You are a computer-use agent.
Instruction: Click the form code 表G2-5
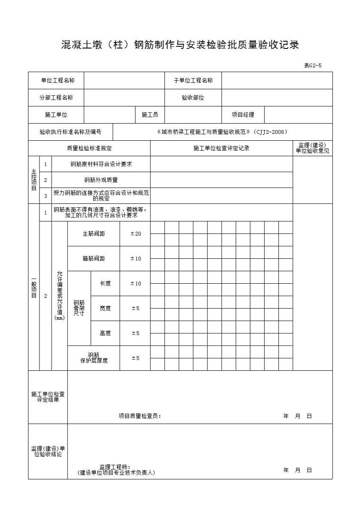pos(312,66)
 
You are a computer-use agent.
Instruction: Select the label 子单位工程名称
pos(193,80)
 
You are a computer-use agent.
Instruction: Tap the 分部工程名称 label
pos(56,97)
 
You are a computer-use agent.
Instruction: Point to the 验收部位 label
pos(193,97)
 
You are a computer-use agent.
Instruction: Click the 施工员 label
pos(150,115)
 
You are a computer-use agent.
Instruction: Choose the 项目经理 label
pos(243,115)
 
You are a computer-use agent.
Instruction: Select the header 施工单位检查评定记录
pos(221,148)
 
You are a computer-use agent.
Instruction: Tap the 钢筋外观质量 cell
pos(101,180)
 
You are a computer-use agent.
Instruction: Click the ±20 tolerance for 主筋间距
pos(135,234)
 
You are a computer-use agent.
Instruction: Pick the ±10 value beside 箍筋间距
pos(135,259)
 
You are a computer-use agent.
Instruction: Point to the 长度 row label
pos(105,283)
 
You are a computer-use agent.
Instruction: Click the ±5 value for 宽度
pos(135,308)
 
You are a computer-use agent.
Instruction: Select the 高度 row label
pos(105,333)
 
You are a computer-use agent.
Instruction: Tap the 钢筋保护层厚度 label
pos(94,358)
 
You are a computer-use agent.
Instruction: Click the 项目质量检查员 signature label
pos(140,416)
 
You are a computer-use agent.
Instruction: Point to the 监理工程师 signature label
pos(115,467)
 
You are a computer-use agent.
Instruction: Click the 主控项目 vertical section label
pos(34,180)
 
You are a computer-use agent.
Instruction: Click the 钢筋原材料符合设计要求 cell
pos(101,164)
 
